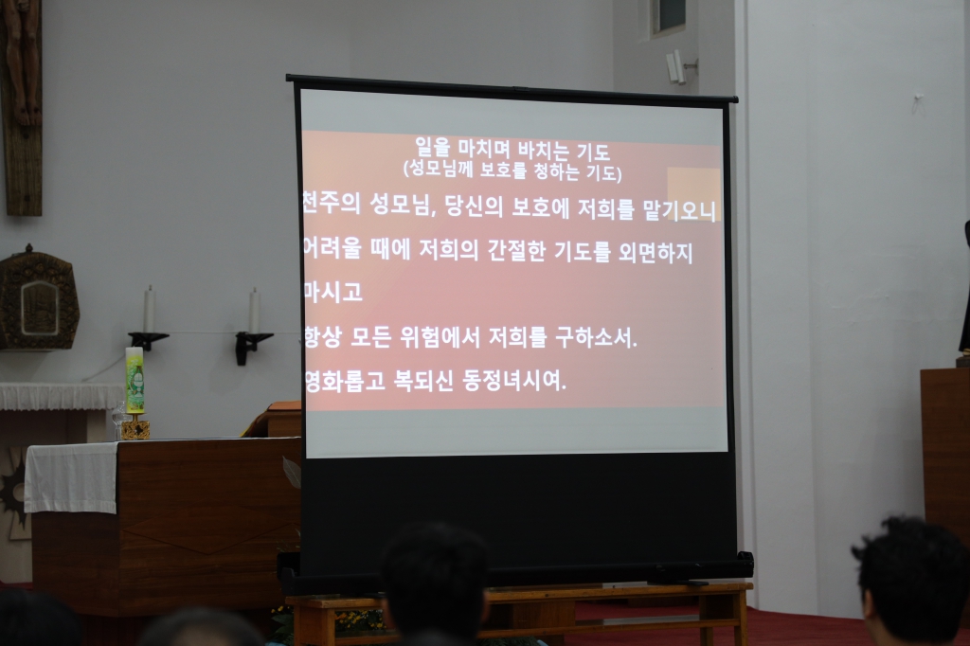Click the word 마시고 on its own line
coord(333,293)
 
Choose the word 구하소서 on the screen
coord(593,337)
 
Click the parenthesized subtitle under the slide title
coord(512,172)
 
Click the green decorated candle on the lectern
coord(135,381)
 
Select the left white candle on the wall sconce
coord(149,310)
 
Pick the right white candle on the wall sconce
coord(254,312)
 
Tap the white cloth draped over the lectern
coord(71,476)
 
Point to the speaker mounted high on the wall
coord(674,66)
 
